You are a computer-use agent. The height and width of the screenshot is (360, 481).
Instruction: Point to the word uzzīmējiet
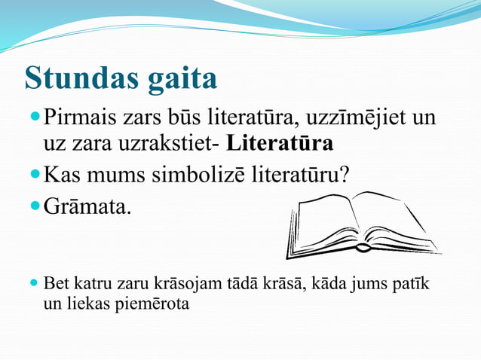[x=350, y=118]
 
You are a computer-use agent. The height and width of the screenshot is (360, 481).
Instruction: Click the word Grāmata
[x=87, y=205]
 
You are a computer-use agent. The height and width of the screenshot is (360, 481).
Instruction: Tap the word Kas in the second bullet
[x=65, y=175]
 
